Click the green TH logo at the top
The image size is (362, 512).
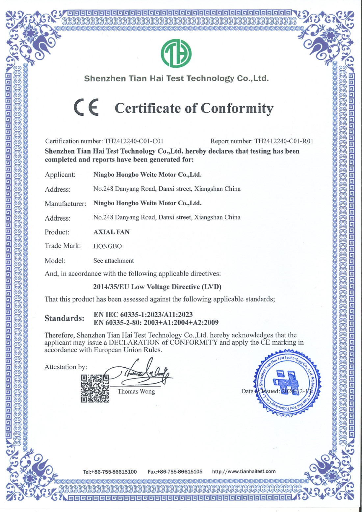[x=176, y=53]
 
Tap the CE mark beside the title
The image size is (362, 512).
[x=86, y=107]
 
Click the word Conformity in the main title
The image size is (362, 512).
[x=237, y=108]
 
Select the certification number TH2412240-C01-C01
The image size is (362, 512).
[x=134, y=141]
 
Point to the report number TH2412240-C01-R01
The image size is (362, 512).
[x=284, y=141]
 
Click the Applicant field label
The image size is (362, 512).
[x=60, y=175]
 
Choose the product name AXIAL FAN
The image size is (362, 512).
[x=112, y=232]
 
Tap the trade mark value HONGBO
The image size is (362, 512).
[x=108, y=246]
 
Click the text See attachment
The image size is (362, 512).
[x=114, y=261]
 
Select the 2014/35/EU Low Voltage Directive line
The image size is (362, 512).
[x=157, y=287]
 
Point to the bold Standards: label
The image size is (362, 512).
[x=65, y=318]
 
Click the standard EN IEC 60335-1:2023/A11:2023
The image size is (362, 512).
[x=143, y=314]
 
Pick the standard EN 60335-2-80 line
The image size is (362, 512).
[x=156, y=322]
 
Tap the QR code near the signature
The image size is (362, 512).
[x=95, y=388]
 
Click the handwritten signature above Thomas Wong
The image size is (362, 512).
[x=145, y=373]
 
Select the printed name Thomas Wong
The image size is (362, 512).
[x=136, y=391]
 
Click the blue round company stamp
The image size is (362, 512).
[x=287, y=383]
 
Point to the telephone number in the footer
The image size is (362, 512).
[x=110, y=472]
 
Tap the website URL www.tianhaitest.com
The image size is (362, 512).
[x=244, y=471]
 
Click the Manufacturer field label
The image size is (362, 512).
[x=65, y=204]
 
